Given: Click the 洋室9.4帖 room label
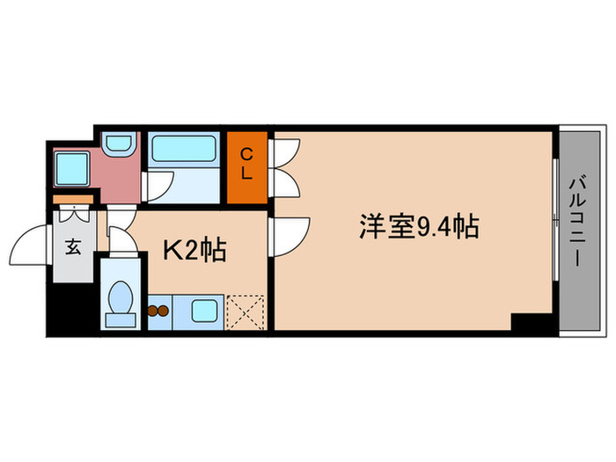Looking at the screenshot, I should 418,228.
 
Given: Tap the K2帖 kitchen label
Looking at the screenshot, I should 195,250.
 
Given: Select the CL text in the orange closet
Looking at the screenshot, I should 247,165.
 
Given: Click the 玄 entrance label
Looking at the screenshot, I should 72,246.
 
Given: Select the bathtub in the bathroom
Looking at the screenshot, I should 184,147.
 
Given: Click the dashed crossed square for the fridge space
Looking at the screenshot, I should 245,312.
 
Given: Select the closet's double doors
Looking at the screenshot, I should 287,168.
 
